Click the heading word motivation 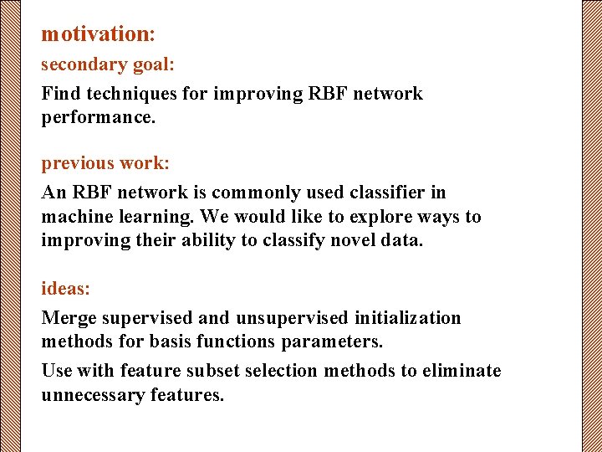point(95,34)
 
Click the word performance point(98,117)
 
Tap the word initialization point(407,318)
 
